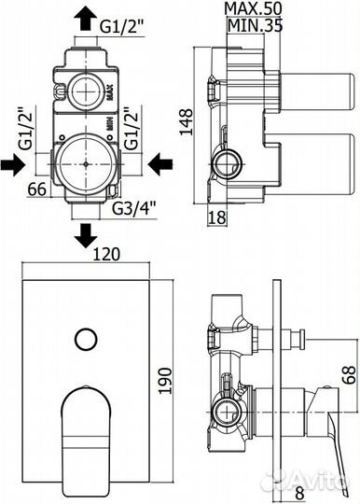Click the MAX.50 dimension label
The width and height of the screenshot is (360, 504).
click(251, 9)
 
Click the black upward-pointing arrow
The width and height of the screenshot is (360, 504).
click(86, 16)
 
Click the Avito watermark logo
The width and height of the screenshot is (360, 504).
click(312, 482)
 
